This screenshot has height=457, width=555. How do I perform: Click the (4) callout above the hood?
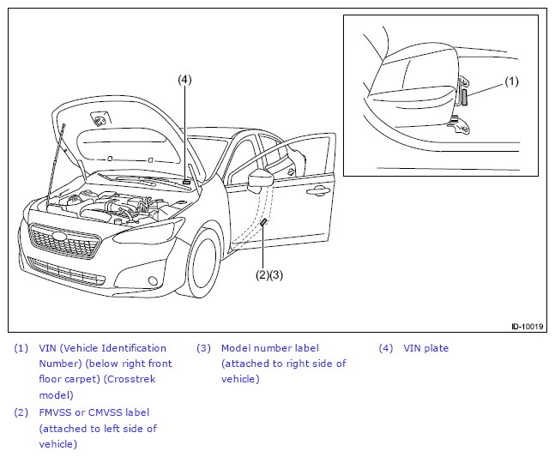tap(184, 80)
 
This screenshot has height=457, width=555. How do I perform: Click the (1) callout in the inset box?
tap(511, 81)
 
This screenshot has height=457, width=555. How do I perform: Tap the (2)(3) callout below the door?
tap(269, 275)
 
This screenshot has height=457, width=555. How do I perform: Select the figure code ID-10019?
tap(527, 326)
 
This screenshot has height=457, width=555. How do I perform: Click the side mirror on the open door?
tap(260, 179)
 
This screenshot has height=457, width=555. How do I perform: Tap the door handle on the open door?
tap(317, 191)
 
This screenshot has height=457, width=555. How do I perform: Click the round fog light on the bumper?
tap(153, 280)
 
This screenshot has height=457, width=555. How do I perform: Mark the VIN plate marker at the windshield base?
tap(186, 183)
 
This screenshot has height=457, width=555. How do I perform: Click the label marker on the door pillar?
tap(263, 222)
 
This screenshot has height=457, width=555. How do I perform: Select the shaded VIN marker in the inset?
tap(464, 97)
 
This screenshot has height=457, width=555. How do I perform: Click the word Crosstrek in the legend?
tap(131, 379)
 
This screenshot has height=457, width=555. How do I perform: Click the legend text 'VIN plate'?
tap(425, 348)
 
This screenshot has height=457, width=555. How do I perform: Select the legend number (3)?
tap(203, 348)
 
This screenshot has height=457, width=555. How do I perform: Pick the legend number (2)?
tap(21, 412)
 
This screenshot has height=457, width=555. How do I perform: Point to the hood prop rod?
tap(56, 164)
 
